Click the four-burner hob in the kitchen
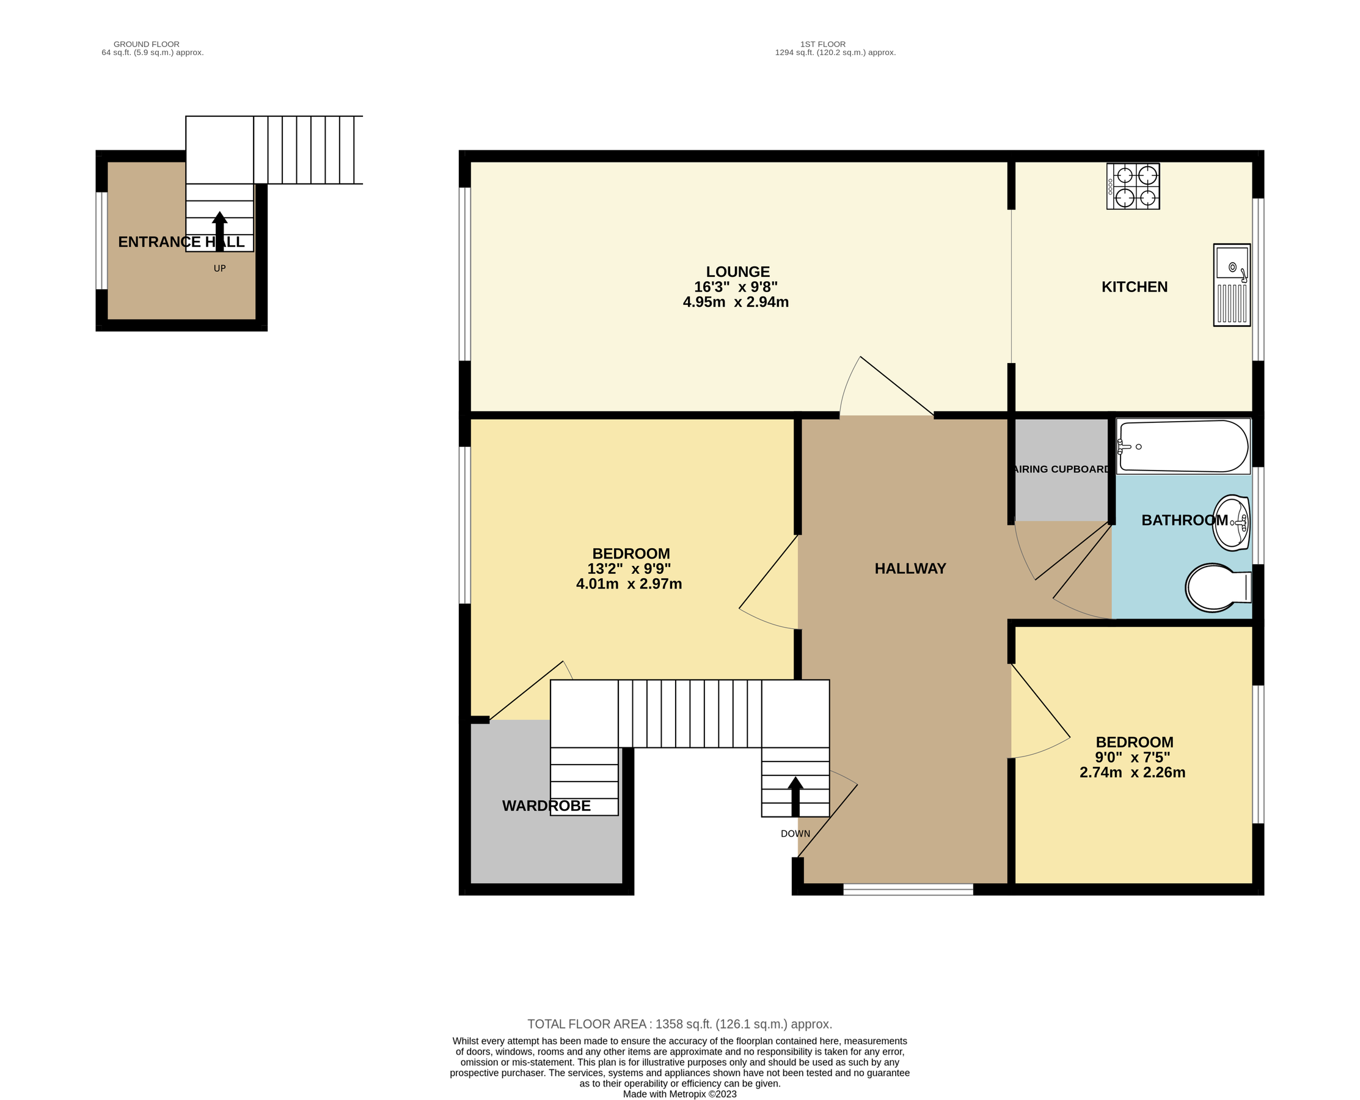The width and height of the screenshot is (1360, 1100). click(1133, 186)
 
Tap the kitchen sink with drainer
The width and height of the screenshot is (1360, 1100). click(1232, 285)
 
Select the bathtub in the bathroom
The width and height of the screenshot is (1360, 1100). click(1182, 446)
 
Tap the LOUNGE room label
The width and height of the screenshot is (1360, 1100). click(737, 272)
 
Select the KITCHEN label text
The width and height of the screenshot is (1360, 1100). click(1134, 287)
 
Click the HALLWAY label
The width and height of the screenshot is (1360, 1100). click(910, 568)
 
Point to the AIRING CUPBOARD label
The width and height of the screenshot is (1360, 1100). click(1062, 469)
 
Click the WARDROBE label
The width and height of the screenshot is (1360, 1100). click(546, 806)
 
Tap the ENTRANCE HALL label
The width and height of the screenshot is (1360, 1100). click(181, 242)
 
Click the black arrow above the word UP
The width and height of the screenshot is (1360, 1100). click(220, 231)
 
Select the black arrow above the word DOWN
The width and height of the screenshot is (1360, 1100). click(795, 796)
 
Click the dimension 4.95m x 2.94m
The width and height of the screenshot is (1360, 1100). click(736, 302)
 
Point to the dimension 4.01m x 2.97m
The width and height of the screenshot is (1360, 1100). click(629, 584)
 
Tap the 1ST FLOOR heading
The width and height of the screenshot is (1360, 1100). click(822, 45)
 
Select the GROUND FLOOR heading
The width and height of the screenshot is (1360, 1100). click(146, 45)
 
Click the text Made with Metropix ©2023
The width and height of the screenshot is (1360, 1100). click(679, 1094)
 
